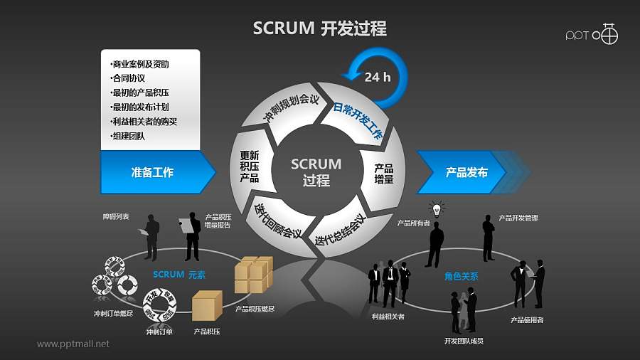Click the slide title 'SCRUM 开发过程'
click(320, 28)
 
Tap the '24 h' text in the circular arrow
click(377, 77)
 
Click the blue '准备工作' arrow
click(153, 172)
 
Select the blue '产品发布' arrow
click(466, 172)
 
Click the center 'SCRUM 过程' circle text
click(316, 172)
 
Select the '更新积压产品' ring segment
click(250, 166)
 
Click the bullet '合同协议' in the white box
click(129, 78)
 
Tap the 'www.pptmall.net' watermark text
click(73, 344)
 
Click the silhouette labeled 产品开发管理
click(489, 238)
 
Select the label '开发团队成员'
click(464, 341)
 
